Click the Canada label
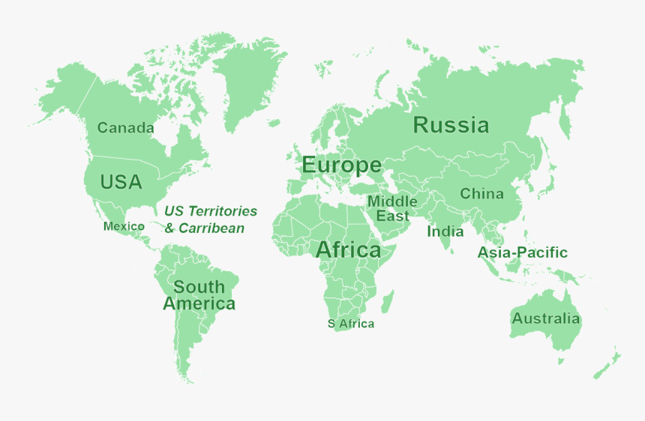click(126, 128)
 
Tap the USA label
click(121, 182)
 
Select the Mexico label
click(124, 226)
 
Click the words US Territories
click(211, 211)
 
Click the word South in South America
click(199, 287)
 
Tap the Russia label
click(451, 125)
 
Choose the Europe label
click(341, 166)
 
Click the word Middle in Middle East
click(392, 202)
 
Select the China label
click(481, 194)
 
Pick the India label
click(445, 231)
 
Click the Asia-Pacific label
click(522, 253)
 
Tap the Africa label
click(348, 250)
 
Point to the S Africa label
click(350, 324)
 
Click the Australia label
click(545, 318)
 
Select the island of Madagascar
click(388, 303)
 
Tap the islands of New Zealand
click(607, 364)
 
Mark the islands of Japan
click(550, 180)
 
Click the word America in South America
click(199, 304)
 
